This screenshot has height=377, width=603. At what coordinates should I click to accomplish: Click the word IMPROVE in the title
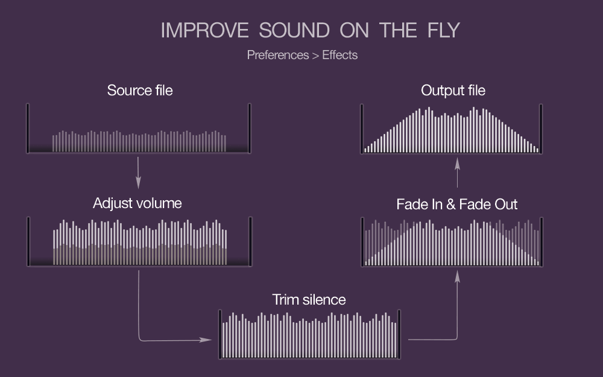pyautogui.click(x=204, y=30)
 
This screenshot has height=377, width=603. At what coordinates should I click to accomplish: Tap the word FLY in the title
pyautogui.click(x=444, y=30)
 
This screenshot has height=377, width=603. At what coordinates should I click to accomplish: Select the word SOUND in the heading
pyautogui.click(x=294, y=30)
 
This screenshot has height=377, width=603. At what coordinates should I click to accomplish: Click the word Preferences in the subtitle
pyautogui.click(x=277, y=55)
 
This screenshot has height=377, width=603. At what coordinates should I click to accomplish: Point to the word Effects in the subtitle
pyautogui.click(x=340, y=55)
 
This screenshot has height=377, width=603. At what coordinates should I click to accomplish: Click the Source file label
pyautogui.click(x=140, y=90)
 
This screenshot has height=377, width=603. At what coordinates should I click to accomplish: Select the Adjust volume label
pyautogui.click(x=137, y=203)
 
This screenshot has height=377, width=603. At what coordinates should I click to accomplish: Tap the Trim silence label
pyautogui.click(x=309, y=300)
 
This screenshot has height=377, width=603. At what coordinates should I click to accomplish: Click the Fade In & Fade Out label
pyautogui.click(x=457, y=204)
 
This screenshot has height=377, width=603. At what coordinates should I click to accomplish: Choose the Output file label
pyautogui.click(x=453, y=90)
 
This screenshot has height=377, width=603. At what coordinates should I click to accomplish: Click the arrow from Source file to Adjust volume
pyautogui.click(x=139, y=173)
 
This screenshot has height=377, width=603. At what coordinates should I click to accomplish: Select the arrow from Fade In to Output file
pyautogui.click(x=457, y=173)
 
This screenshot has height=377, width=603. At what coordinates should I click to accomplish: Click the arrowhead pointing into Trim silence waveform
pyautogui.click(x=206, y=340)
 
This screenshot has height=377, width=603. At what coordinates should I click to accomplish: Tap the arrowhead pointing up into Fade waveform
pyautogui.click(x=457, y=277)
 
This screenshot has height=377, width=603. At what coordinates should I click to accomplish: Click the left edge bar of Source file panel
pyautogui.click(x=28, y=128)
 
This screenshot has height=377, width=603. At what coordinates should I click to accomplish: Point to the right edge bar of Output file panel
pyautogui.click(x=541, y=129)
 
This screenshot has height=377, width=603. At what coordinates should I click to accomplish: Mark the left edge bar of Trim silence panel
pyautogui.click(x=220, y=334)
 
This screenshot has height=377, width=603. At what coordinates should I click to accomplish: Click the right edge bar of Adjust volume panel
pyautogui.click(x=251, y=242)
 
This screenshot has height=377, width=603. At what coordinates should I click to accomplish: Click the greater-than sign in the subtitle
pyautogui.click(x=316, y=55)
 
